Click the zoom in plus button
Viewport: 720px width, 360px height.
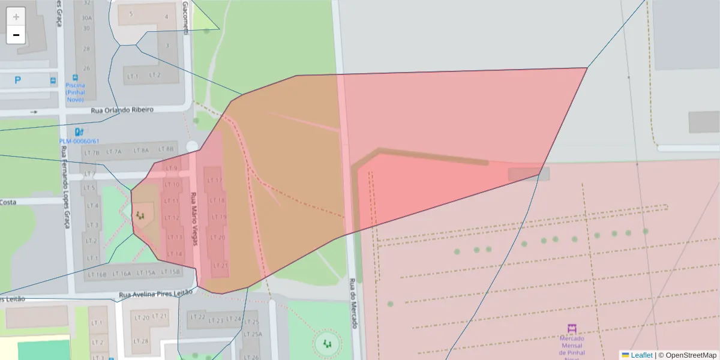click(16, 17)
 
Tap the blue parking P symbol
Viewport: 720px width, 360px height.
click(17, 79)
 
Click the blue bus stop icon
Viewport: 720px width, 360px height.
click(53, 80)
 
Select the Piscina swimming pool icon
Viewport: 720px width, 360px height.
click(75, 77)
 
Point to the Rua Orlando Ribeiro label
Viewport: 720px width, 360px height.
click(122, 110)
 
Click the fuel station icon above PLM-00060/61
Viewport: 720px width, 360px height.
click(79, 132)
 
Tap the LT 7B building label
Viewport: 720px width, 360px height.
click(92, 152)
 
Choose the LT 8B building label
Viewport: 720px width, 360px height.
click(165, 149)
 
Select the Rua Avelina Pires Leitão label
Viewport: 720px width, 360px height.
click(155, 293)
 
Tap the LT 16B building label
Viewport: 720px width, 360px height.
click(97, 274)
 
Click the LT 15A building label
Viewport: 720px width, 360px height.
click(145, 273)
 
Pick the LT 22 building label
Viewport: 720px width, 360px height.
click(197, 317)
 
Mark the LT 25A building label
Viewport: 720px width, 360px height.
click(253, 334)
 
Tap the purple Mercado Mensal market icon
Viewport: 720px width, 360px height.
click(572, 329)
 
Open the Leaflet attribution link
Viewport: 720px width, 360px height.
click(641, 355)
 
